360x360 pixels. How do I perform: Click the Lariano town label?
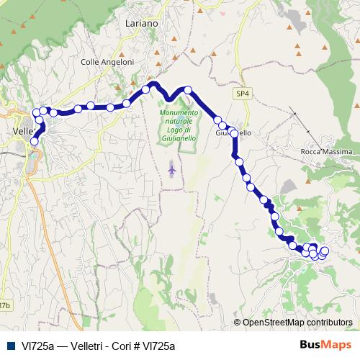coord(140,23)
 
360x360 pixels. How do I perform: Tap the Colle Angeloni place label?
coord(108,63)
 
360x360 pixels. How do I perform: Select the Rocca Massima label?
coord(326,153)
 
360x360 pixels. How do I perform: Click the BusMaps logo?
coord(325,345)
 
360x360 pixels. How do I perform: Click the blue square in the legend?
coord(12,346)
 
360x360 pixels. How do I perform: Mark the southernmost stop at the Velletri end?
coord(34,142)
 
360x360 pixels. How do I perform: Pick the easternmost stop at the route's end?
coord(325,251)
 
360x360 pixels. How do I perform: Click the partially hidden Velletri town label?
coord(22,132)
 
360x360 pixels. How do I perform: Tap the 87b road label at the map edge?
coord(5,305)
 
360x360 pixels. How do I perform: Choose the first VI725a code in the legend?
coord(36,346)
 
